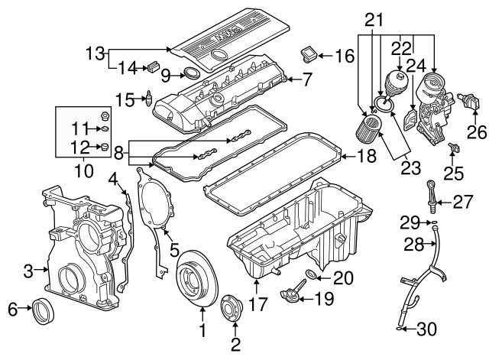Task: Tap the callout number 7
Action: point(307,78)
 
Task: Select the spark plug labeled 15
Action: point(149,98)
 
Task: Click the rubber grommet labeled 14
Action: point(153,68)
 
